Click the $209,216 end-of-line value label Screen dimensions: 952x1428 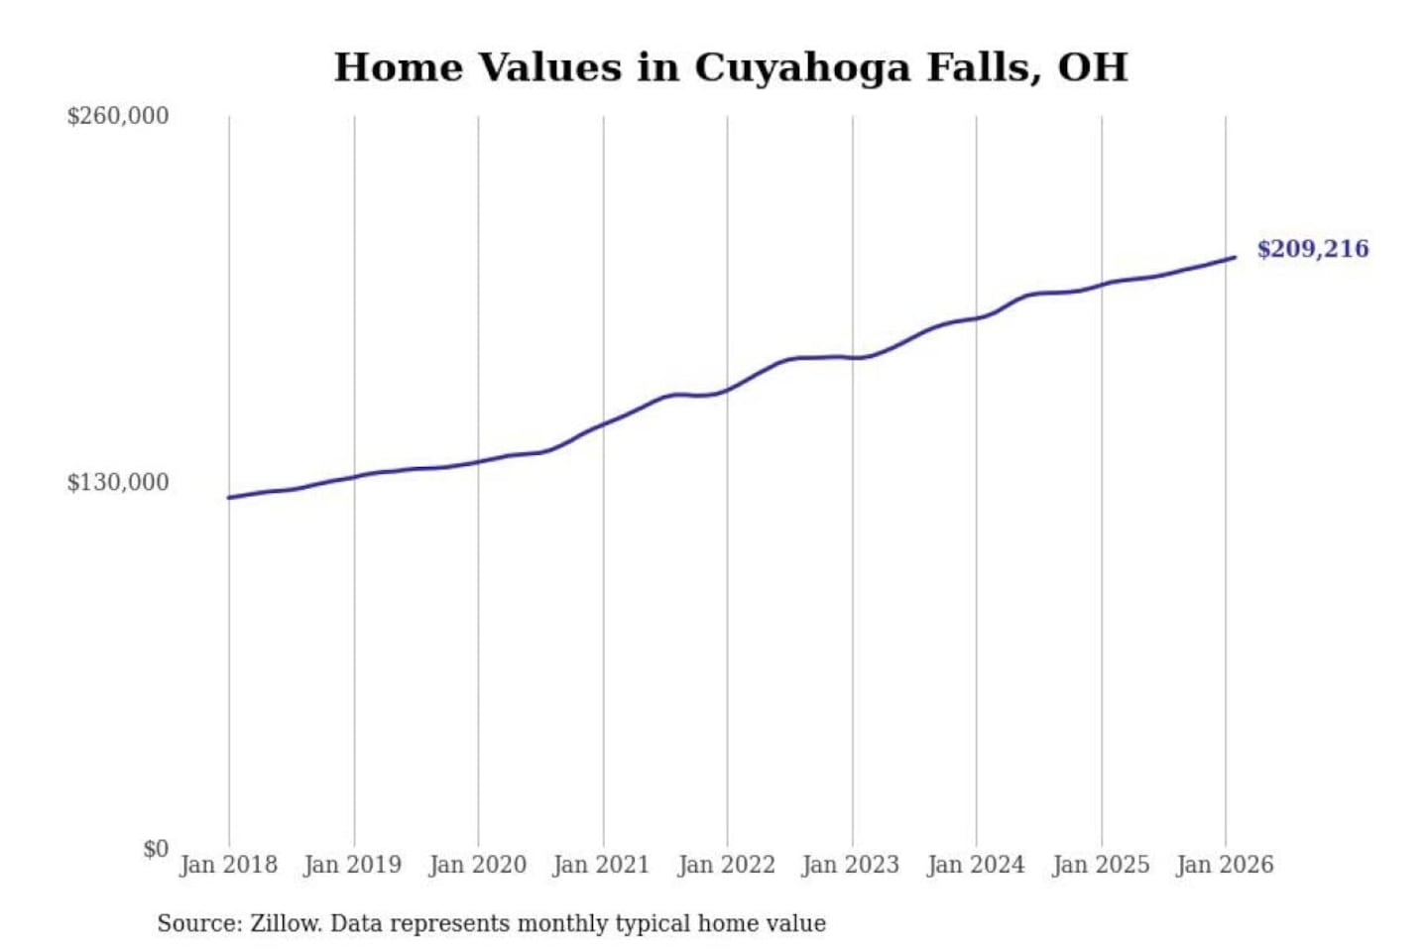[1312, 249]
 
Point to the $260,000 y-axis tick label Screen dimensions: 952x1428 [118, 116]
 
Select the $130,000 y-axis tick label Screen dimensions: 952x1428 [118, 482]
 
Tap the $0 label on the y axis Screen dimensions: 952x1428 [156, 849]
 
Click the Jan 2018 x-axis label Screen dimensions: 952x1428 [228, 865]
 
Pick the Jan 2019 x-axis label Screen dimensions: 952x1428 [352, 865]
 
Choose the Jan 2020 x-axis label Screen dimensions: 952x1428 [477, 865]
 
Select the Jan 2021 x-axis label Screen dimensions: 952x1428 [601, 865]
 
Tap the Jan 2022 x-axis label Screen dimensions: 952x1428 [726, 865]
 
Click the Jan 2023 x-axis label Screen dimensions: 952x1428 [850, 865]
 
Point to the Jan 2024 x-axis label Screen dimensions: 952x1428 [975, 865]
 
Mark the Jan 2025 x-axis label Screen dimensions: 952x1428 [1100, 865]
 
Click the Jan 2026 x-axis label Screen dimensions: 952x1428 [1224, 865]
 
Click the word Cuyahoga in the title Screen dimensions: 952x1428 [801, 68]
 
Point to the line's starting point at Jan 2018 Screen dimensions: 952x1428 [229, 498]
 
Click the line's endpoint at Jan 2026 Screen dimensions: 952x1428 [1235, 258]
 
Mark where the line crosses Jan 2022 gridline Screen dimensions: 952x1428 [727, 390]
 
